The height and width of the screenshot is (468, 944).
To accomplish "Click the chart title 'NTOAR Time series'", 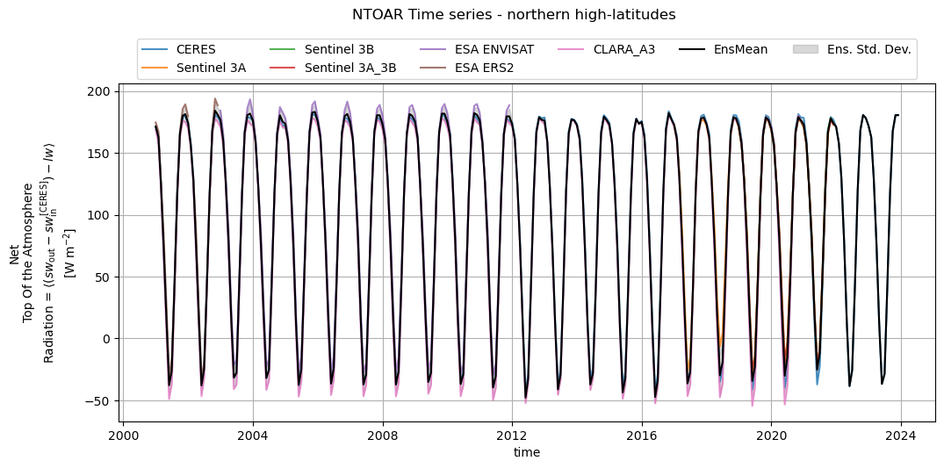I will [514, 15].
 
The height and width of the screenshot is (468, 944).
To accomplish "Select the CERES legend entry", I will [195, 49].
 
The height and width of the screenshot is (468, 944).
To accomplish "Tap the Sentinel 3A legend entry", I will [211, 67].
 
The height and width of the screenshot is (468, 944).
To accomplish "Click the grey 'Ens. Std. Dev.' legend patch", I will [804, 49].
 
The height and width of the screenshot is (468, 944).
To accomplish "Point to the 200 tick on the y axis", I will [98, 92].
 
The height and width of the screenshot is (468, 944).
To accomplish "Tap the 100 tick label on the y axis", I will [98, 216].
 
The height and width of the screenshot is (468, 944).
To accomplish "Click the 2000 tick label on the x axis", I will [123, 435].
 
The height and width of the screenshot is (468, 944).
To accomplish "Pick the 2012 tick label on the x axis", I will [512, 435].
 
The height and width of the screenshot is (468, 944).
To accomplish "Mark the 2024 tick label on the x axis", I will [901, 435].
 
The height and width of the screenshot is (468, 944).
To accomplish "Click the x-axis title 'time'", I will [527, 452].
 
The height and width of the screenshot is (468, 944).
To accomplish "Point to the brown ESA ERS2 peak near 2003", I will [215, 99].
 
